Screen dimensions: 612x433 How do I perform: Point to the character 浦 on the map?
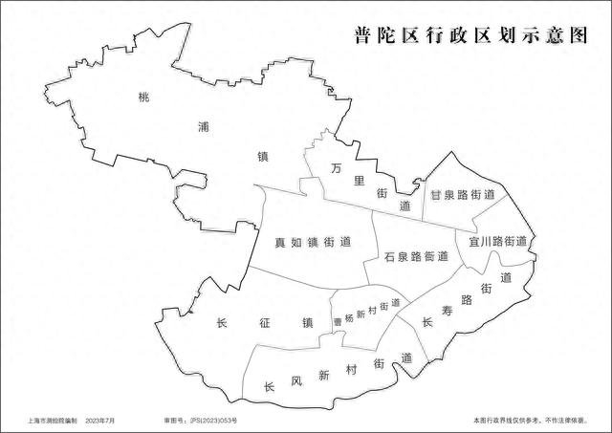[202, 125]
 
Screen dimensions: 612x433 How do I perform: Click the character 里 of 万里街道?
[359, 180]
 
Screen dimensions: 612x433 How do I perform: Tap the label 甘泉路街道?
[463, 194]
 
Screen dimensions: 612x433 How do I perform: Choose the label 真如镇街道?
[307, 241]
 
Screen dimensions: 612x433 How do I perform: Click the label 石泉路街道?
[417, 256]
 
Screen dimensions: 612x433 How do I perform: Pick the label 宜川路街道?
[497, 241]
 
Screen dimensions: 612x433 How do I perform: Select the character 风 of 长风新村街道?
[296, 380]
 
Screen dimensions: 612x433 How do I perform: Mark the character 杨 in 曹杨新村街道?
[349, 316]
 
